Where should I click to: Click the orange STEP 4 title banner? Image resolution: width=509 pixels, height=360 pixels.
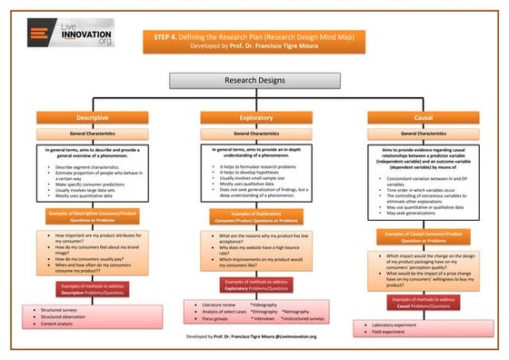(254, 40)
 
